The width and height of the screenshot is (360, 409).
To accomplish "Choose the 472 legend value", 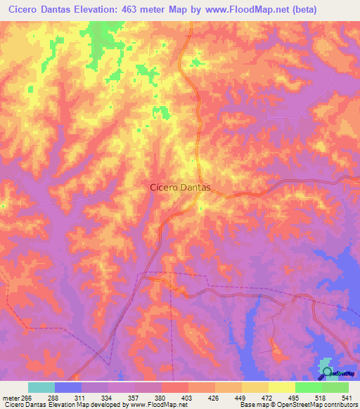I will pyautogui.click(x=266, y=398).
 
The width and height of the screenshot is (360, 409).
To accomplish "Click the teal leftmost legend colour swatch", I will pyautogui.click(x=41, y=387).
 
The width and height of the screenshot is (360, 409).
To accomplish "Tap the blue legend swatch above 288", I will pyautogui.click(x=68, y=387).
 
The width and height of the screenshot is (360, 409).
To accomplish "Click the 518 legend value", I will pyautogui.click(x=319, y=398).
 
